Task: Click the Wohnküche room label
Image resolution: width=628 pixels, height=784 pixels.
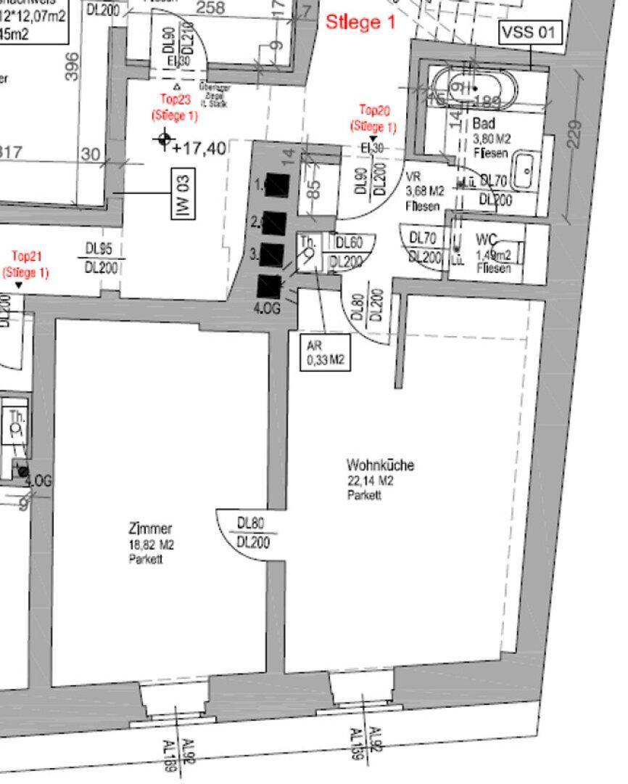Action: coord(380,465)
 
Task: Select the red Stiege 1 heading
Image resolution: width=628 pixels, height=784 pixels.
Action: coord(360,23)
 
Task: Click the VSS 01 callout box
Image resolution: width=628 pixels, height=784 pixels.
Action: coord(530,33)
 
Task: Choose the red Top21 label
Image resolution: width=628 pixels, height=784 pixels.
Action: coord(25,257)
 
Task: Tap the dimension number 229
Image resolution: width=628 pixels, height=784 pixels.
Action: coord(573,135)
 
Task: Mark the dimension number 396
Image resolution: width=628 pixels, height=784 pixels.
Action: coord(70,66)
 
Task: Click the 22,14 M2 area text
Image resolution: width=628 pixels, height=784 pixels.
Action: coord(369,481)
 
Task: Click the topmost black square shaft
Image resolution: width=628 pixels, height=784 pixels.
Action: coord(276,186)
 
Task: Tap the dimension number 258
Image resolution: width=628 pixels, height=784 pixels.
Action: coord(210,9)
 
